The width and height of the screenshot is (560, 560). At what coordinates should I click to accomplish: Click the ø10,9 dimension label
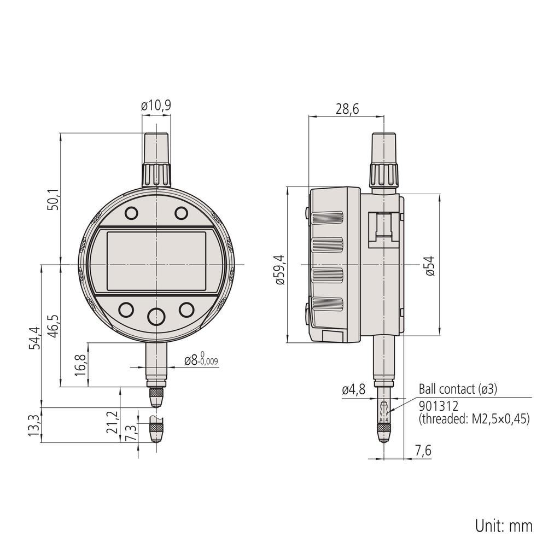pos(156,106)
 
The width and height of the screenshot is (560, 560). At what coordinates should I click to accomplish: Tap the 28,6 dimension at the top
pos(347,109)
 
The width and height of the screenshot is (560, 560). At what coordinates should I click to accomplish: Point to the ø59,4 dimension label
pos(280,270)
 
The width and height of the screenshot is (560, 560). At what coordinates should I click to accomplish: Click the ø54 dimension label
pos(430,266)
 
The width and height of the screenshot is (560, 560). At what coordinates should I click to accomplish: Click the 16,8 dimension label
pos(80,364)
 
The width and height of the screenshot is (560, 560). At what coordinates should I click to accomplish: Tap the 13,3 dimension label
pos(34,425)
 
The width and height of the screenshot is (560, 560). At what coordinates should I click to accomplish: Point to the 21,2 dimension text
pos(113,422)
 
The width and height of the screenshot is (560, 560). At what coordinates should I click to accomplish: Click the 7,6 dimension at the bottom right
pos(423,451)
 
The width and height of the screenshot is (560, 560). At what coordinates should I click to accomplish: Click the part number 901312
pos(438,406)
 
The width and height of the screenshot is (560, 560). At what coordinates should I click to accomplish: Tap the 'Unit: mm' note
pos(503,526)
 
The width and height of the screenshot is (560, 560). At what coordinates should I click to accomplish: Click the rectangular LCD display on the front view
pos(156,261)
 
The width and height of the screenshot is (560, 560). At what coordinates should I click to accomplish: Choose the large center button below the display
pos(156,316)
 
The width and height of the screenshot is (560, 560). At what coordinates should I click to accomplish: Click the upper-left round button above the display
pos(131,213)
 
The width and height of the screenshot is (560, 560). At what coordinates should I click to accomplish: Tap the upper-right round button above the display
pos(181,213)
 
